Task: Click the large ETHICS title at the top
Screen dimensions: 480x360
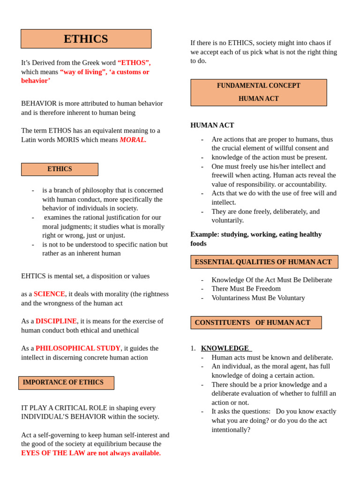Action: point(86,39)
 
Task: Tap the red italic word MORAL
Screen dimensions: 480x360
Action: point(133,140)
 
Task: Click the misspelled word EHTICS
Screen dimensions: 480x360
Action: point(33,276)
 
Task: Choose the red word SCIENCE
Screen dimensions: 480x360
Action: point(49,294)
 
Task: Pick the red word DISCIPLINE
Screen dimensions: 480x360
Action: point(56,321)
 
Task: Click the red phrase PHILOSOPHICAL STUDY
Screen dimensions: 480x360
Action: point(78,348)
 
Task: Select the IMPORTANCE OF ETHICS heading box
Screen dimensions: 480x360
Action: point(66,382)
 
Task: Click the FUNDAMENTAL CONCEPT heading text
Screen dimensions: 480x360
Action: point(258,86)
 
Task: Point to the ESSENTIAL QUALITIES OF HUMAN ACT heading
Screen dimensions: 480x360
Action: point(263,262)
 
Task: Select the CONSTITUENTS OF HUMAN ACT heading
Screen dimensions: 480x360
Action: point(253,322)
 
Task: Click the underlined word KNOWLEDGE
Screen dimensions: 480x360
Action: point(225,348)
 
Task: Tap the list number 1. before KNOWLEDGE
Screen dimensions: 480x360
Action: point(193,348)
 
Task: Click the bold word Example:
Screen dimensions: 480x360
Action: point(205,234)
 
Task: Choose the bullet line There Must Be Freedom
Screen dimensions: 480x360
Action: point(246,289)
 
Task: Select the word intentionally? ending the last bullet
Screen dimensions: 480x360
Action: point(231,430)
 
